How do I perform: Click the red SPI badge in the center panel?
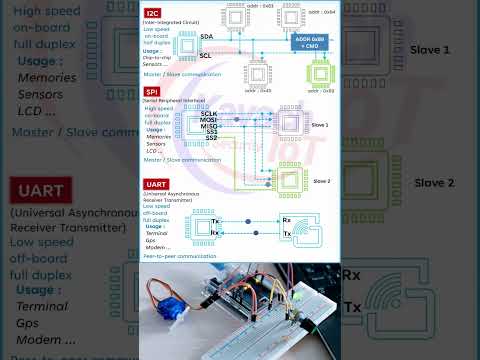click(x=152, y=92)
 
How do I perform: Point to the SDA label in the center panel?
click(x=206, y=36)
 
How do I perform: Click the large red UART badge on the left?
click(x=38, y=191)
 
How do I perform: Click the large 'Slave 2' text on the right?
click(x=436, y=183)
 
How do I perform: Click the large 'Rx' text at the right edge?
click(x=351, y=274)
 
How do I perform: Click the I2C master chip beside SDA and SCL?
click(x=183, y=46)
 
